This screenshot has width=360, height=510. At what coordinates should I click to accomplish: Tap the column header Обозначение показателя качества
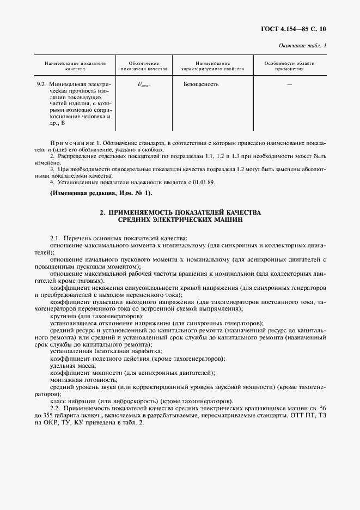144,66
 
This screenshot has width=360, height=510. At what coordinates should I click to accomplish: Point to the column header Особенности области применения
289,66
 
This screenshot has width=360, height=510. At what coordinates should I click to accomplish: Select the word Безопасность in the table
202,84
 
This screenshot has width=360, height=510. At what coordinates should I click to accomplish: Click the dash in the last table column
289,84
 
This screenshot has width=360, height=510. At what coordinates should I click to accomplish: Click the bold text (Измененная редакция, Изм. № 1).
102,193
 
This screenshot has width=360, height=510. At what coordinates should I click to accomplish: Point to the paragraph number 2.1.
54,239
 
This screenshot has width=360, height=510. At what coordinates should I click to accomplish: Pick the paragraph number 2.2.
54,408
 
